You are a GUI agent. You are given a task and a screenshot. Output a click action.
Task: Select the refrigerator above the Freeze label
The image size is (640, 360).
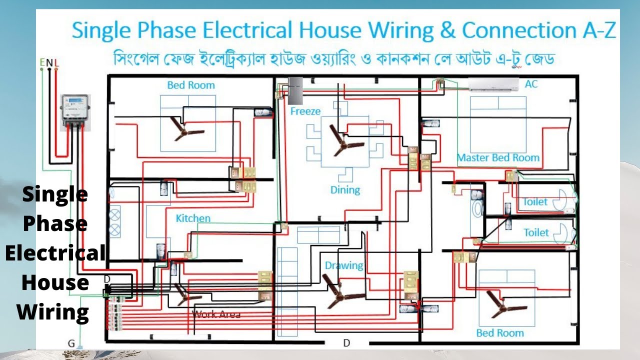pos(295,90)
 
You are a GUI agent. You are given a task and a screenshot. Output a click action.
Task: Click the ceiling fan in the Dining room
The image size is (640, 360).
pos(340,140)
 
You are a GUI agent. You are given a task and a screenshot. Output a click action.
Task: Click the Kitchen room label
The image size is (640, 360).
pos(193,218)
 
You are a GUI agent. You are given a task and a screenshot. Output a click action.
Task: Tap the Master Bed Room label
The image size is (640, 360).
pos(498,157)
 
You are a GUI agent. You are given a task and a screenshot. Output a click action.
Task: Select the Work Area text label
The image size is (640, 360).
pos(216,314)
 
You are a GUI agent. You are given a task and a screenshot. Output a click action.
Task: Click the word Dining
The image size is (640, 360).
pos(345,190)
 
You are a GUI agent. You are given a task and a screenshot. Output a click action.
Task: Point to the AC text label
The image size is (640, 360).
pos(531,84)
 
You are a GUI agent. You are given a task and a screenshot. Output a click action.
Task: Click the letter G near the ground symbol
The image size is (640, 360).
pos(71,343)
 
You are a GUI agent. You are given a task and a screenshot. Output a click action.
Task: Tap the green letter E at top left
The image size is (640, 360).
pos(42,62)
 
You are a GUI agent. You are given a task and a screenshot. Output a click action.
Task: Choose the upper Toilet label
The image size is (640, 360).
pos(535,202)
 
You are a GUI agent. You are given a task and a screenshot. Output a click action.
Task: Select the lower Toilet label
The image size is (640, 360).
pos(536,232)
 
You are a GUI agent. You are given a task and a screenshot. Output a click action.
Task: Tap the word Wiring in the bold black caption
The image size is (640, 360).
pos(53,312)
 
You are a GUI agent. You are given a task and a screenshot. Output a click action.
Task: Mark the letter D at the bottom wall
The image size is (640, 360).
pos(346,343)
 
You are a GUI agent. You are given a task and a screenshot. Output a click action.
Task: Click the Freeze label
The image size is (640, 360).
pos(305,111)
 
